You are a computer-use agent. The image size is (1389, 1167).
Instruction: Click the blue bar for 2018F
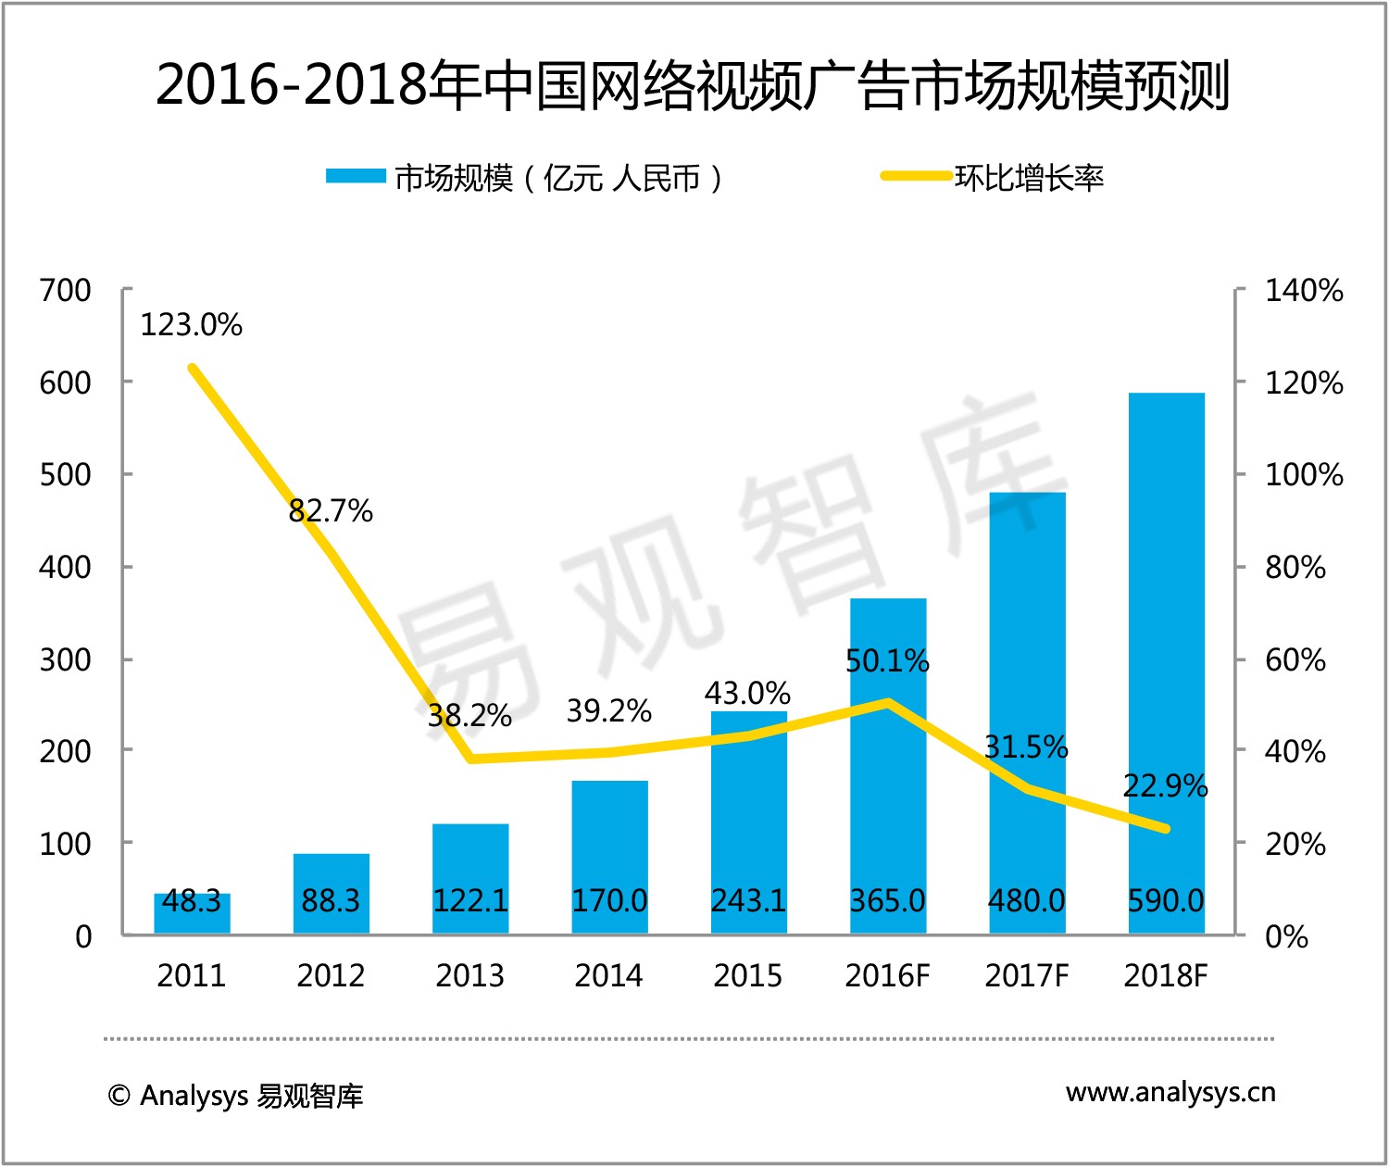coord(1166,648)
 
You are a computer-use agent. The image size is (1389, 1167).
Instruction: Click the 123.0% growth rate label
coord(191,325)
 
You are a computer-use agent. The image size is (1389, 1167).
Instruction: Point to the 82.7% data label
coord(331,510)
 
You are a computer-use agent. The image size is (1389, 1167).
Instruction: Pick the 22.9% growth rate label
coord(1165,786)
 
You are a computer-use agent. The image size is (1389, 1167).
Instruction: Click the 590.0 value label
coord(1166,900)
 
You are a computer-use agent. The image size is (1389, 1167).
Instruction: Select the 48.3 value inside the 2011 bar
coord(192,900)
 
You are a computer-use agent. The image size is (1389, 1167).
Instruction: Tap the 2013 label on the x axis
coord(469,975)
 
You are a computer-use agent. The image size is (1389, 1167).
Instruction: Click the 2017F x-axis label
coord(1026,975)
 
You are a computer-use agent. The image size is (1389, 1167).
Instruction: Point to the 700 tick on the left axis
coord(65,290)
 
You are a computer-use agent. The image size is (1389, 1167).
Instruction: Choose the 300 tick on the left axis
coord(65,659)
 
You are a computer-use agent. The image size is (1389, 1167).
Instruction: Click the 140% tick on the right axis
coord(1304,290)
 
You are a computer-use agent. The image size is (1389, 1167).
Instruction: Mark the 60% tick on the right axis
coord(1295,659)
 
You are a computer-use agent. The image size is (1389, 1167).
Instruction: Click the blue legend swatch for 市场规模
coord(356,176)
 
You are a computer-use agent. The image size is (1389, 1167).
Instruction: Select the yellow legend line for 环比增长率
coord(916,176)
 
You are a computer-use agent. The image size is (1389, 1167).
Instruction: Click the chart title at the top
coord(693,85)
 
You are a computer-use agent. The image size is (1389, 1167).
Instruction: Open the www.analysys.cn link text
coord(1170,1093)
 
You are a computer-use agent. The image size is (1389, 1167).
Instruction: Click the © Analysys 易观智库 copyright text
coord(235,1096)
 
